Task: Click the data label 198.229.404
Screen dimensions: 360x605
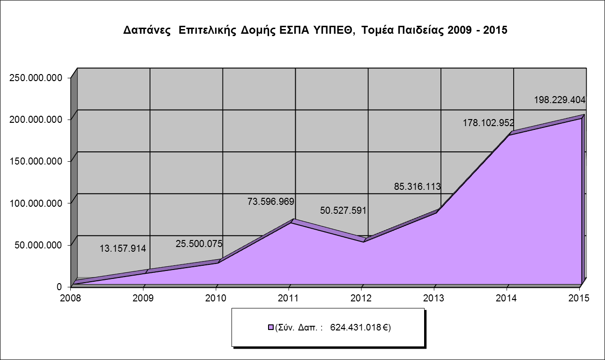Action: pyautogui.click(x=560, y=100)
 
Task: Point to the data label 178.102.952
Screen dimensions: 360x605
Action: pyautogui.click(x=488, y=123)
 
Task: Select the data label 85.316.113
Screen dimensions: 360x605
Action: pyautogui.click(x=417, y=187)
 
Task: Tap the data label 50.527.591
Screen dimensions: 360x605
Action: pyautogui.click(x=343, y=210)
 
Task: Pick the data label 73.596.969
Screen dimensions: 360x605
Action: pyautogui.click(x=270, y=202)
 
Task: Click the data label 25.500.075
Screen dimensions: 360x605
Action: pyautogui.click(x=199, y=244)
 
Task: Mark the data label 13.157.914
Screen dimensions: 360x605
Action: pyautogui.click(x=123, y=248)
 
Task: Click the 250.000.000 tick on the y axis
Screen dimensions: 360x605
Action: pyautogui.click(x=36, y=78)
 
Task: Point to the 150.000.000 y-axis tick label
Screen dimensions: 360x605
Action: pyautogui.click(x=36, y=161)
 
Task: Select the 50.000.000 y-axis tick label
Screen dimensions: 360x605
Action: pyautogui.click(x=39, y=245)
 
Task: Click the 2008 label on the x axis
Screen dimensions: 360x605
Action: pyautogui.click(x=72, y=297)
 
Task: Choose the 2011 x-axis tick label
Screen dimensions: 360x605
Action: pyautogui.click(x=290, y=297)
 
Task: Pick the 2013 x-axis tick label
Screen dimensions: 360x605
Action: pyautogui.click(x=435, y=297)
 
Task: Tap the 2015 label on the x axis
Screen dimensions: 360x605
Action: pyautogui.click(x=580, y=297)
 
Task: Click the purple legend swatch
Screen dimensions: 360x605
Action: pyautogui.click(x=270, y=327)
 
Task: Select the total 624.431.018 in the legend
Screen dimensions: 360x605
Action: pyautogui.click(x=356, y=327)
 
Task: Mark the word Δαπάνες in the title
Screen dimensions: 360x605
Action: pyautogui.click(x=146, y=30)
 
